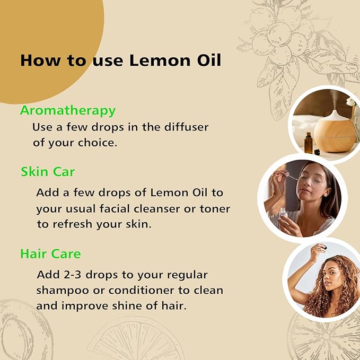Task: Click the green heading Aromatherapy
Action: [67, 111]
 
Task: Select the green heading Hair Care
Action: [50, 254]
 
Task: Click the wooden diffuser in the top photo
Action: [332, 129]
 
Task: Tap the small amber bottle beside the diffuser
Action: [308, 143]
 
